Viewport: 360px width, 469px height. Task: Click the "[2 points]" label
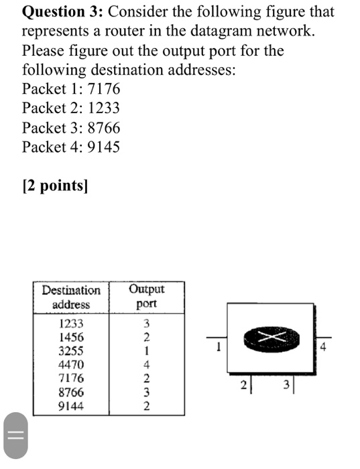click(55, 186)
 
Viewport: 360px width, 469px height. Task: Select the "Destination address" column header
click(71, 297)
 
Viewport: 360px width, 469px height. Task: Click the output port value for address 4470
click(146, 364)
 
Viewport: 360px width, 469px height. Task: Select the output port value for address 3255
click(146, 350)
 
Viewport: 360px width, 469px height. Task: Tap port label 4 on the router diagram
click(324, 347)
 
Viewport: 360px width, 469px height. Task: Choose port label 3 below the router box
click(286, 385)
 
